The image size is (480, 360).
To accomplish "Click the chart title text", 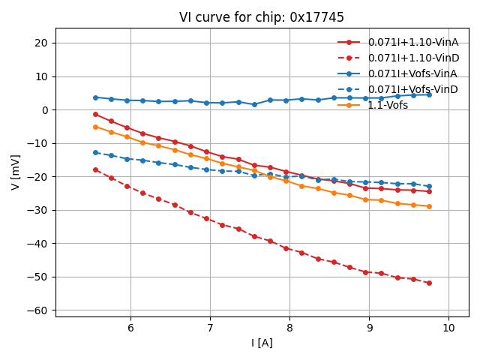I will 262,17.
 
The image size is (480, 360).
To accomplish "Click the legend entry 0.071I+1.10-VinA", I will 413,42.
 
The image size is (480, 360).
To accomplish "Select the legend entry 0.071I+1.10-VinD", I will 413,58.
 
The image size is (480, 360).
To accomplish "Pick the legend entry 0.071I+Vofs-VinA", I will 412,73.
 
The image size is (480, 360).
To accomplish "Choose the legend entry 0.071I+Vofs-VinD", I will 412,89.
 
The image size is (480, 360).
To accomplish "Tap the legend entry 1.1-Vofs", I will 388,105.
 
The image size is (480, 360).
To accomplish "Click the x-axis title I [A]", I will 262,343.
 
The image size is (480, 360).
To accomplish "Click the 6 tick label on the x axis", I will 130,328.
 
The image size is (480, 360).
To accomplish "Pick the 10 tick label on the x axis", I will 448,328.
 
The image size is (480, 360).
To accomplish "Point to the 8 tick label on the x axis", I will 289,328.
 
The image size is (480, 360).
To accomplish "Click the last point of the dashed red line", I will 429,283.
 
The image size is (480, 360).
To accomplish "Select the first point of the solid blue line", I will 95,97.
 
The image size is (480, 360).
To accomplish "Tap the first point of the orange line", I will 95,127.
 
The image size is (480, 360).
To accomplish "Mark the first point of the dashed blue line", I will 95,152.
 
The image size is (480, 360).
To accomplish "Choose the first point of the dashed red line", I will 95,169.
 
